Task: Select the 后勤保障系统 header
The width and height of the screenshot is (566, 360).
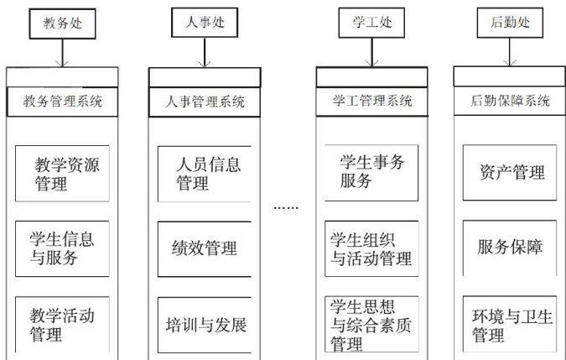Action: coord(508,102)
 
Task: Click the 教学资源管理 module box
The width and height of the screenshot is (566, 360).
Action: coord(62,174)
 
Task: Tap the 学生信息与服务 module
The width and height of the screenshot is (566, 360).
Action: coord(62,248)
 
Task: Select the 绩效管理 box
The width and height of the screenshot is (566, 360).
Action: coord(205,248)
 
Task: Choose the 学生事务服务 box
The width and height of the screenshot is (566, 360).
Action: coord(369,172)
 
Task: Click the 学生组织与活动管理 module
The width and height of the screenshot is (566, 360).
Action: coord(369,248)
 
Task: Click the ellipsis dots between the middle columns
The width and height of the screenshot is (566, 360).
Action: coord(286,206)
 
